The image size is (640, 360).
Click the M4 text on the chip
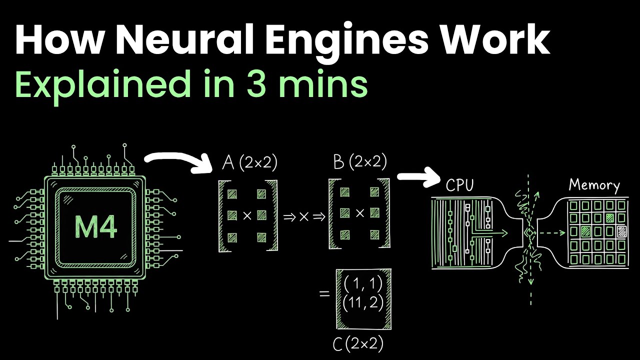click(95, 227)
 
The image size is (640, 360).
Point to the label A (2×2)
click(248, 163)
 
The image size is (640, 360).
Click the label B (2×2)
click(360, 162)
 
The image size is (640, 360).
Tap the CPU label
click(459, 185)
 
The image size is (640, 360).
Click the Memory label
click(594, 185)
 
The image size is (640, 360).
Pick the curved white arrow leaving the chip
click(177, 161)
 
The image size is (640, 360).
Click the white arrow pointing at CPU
click(417, 177)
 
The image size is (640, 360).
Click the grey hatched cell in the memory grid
click(621, 231)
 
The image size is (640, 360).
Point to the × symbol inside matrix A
click(246, 215)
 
